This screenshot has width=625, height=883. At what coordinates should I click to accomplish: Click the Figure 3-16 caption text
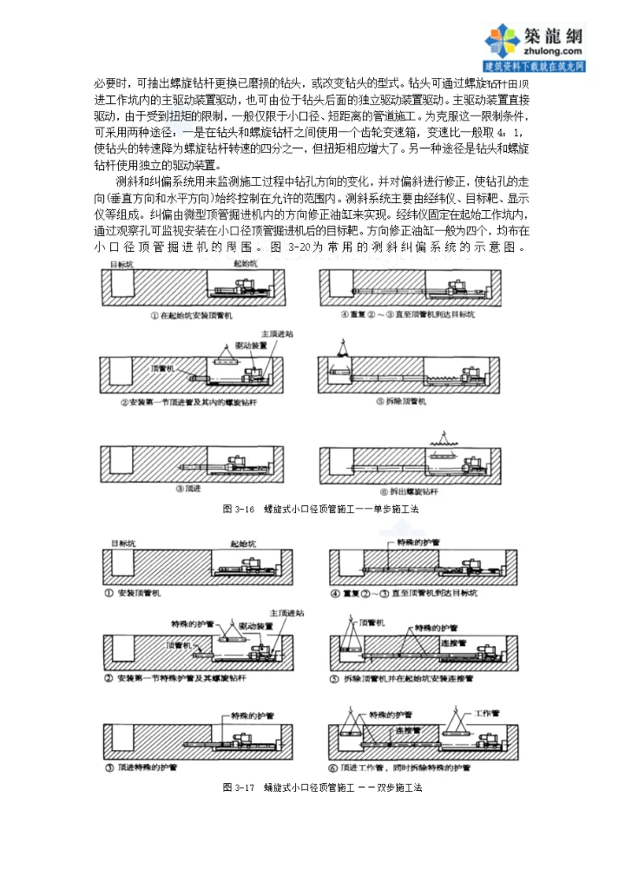[320, 510]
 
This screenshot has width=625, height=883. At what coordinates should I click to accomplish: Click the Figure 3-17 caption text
[321, 787]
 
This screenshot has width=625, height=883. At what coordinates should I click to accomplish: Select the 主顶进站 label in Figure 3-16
[276, 333]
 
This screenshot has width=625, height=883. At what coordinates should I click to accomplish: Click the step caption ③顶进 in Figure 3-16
[194, 488]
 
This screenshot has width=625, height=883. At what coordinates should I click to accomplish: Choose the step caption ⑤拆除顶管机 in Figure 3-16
[405, 402]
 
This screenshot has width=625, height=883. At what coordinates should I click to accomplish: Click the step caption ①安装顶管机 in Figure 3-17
[139, 592]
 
